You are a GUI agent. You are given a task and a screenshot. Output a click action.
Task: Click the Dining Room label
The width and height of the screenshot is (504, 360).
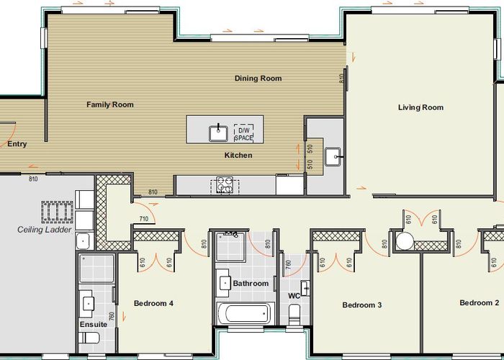[x=258, y=78]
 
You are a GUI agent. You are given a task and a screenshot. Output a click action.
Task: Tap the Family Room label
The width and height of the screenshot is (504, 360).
[x=110, y=105]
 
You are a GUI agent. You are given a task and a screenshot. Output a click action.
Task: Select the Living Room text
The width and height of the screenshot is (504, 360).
[x=420, y=108]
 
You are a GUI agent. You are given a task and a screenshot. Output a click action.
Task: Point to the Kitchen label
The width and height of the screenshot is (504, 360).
[x=238, y=156]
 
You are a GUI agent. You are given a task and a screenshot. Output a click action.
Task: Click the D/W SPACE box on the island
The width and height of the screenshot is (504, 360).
[x=243, y=133]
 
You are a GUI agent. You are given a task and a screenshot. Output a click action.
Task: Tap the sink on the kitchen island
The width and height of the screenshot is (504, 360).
[x=219, y=133]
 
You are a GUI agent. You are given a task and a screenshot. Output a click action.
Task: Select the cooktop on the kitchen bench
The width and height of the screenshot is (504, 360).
[x=225, y=186]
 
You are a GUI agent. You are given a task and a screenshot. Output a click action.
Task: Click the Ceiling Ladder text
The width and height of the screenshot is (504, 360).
[x=45, y=230]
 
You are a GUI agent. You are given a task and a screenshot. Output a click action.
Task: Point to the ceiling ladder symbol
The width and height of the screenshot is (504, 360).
[x=57, y=212]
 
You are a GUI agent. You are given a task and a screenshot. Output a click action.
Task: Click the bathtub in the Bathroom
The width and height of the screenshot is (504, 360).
[x=246, y=313]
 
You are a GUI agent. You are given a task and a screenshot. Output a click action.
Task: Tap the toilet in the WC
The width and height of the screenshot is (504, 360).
[x=294, y=315]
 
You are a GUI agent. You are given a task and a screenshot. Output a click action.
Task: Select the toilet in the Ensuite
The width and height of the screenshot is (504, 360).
[x=89, y=338]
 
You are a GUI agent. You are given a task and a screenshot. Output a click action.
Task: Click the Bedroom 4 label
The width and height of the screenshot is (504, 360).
[x=153, y=303]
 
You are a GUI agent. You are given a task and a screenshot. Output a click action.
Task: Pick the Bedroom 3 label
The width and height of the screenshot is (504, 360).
[x=362, y=305]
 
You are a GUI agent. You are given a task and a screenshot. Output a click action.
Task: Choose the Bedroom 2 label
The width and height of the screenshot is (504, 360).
[x=480, y=303]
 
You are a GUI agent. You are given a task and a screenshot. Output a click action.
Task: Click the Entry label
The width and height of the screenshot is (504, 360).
[x=17, y=144]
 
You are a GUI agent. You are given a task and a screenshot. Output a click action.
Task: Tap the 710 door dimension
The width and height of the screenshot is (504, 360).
[x=144, y=219]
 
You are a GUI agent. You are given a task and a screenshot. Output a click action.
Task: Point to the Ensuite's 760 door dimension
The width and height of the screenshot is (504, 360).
[x=112, y=317]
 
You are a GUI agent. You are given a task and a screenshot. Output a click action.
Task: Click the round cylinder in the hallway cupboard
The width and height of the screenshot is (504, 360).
[x=405, y=241]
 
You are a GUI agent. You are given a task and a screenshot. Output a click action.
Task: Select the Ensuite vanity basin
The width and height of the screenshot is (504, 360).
[x=89, y=303]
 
